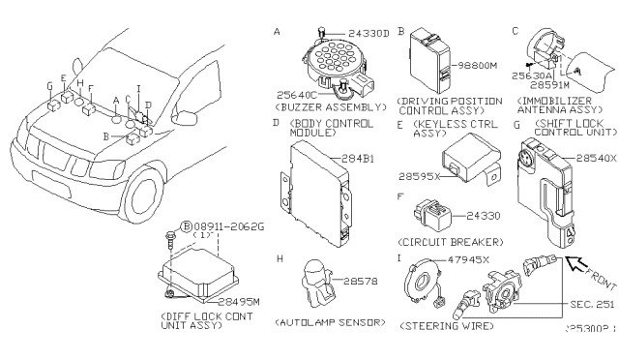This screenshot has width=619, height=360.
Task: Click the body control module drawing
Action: pos(316,177)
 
